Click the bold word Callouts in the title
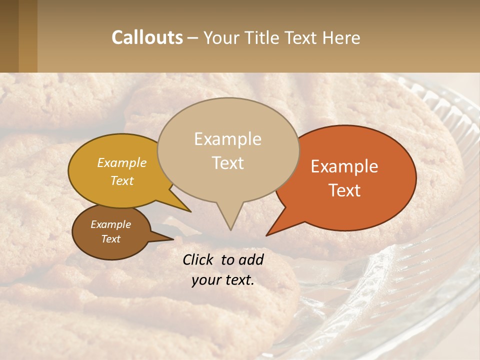pos(147,37)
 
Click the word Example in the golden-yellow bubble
pos(122,162)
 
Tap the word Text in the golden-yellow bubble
pos(122,180)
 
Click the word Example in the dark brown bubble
pos(110,224)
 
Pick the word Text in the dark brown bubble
pos(110,239)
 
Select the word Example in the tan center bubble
pos(227,139)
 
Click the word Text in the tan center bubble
pos(227,162)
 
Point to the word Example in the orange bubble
pos(344,166)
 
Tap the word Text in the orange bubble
pos(344,190)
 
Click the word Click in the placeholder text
pos(199,259)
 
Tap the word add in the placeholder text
pos(251,259)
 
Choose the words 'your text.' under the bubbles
pos(223,280)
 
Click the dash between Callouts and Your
pos(193,37)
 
